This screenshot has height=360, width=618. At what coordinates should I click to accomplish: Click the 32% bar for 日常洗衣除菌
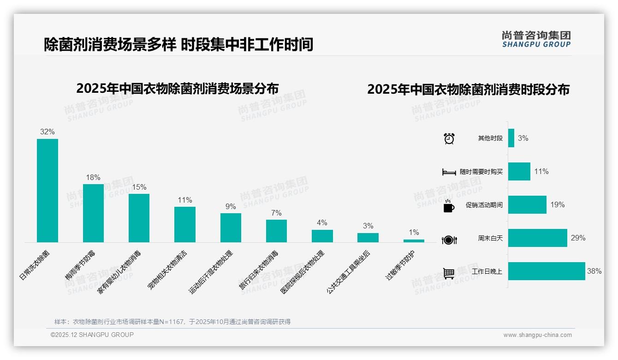tap(48, 190)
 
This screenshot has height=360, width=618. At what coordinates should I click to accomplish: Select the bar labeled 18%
tap(93, 213)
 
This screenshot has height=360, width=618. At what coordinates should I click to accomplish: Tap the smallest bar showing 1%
tap(414, 240)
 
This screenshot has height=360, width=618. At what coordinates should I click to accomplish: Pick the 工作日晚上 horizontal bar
tap(547, 271)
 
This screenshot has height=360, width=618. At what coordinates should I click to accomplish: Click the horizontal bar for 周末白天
tap(537, 238)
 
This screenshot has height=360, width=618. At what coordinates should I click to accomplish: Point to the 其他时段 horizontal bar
tap(511, 138)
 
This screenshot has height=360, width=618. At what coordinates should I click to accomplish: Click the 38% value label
tap(594, 271)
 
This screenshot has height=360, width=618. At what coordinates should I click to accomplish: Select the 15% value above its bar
tap(139, 187)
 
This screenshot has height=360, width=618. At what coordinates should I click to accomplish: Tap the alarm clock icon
tap(449, 138)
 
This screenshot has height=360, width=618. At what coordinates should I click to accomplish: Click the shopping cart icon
tap(449, 273)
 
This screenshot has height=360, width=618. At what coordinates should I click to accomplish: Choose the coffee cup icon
tap(449, 206)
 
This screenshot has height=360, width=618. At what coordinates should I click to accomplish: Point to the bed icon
tap(449, 172)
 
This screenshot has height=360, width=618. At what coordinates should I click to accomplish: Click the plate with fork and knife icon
tap(449, 240)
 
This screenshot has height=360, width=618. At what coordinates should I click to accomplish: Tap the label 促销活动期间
tap(484, 205)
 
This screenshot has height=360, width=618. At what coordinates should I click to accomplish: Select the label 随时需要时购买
tap(481, 172)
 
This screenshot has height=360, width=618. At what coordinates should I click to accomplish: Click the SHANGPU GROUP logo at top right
tap(536, 39)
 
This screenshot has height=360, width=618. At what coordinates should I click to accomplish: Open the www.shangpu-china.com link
tap(537, 335)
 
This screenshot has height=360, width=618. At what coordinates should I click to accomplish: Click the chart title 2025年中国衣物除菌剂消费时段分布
tap(468, 90)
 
